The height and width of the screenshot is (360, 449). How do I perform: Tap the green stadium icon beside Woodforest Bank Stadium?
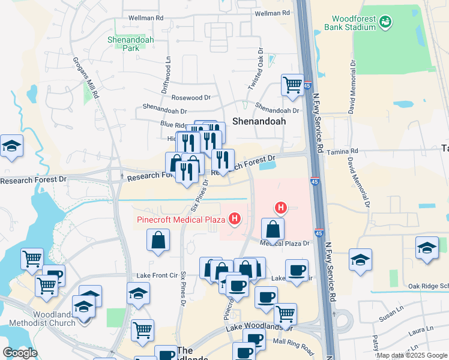(x=385, y=22)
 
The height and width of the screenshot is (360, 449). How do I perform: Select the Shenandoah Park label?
(x=131, y=44)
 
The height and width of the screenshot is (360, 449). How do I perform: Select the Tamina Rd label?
(x=342, y=151)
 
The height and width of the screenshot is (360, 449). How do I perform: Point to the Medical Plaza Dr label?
(x=284, y=244)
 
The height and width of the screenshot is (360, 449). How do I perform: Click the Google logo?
(x=20, y=353)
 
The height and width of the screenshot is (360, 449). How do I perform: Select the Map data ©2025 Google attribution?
(x=411, y=355)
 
